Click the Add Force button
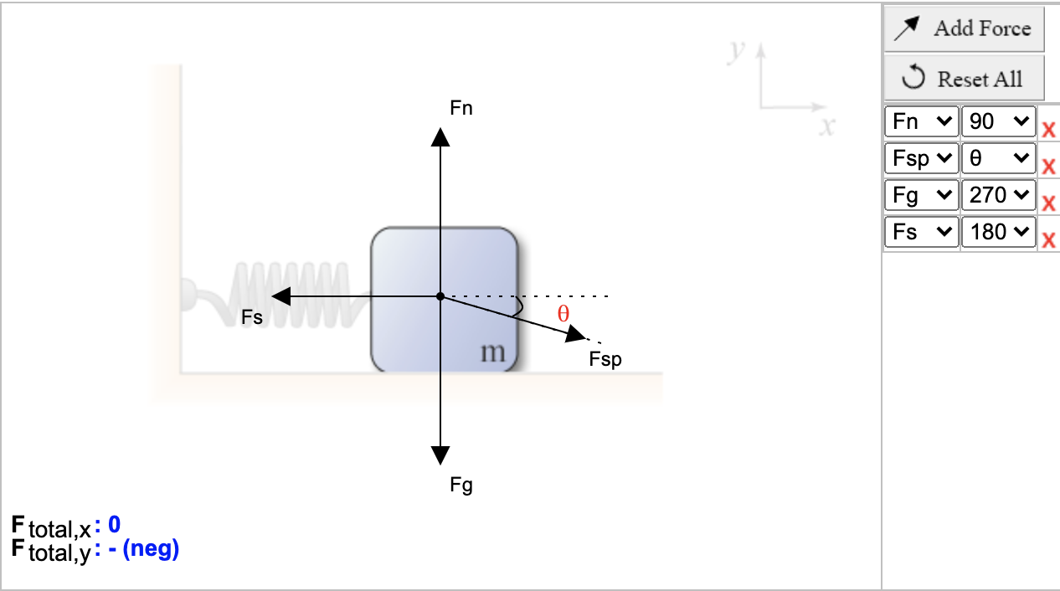click(x=964, y=28)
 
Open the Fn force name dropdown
click(x=921, y=121)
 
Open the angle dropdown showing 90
click(x=999, y=121)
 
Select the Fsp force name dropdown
click(x=921, y=158)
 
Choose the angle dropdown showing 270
click(x=999, y=195)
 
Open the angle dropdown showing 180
click(x=999, y=232)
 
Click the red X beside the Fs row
click(x=1048, y=240)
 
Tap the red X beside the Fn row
click(x=1048, y=129)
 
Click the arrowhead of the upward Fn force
click(x=440, y=137)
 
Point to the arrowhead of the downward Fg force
click(x=440, y=455)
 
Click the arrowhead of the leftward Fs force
click(x=281, y=296)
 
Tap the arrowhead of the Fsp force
click(x=575, y=334)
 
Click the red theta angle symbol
click(x=563, y=313)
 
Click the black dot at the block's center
click(x=440, y=296)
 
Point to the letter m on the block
click(x=493, y=352)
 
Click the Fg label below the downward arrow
click(x=461, y=486)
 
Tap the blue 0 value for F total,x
click(x=115, y=524)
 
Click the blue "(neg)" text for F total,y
click(x=151, y=549)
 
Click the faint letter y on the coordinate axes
click(x=736, y=50)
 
